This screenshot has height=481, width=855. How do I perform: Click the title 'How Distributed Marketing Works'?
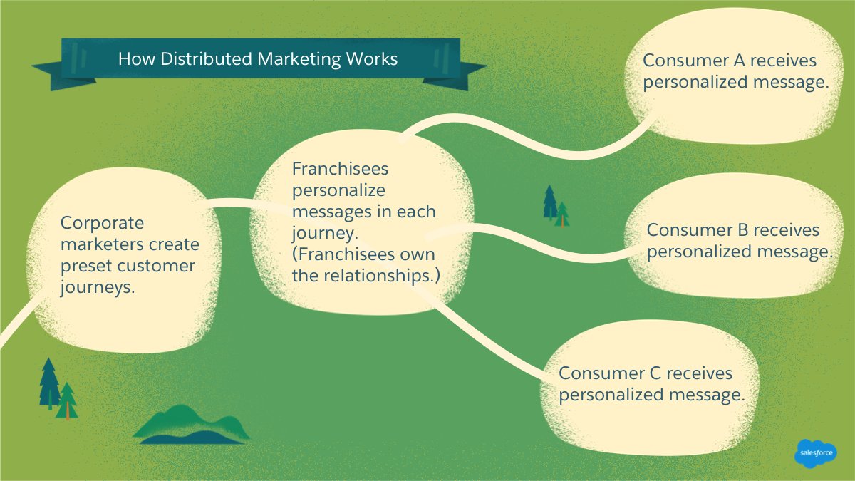tap(257, 58)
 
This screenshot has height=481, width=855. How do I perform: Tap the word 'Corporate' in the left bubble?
tap(102, 223)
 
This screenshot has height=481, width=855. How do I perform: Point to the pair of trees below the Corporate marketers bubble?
tap(58, 389)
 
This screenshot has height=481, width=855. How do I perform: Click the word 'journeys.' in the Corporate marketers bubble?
tap(98, 287)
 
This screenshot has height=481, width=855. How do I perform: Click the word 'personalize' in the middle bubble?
tap(338, 190)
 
